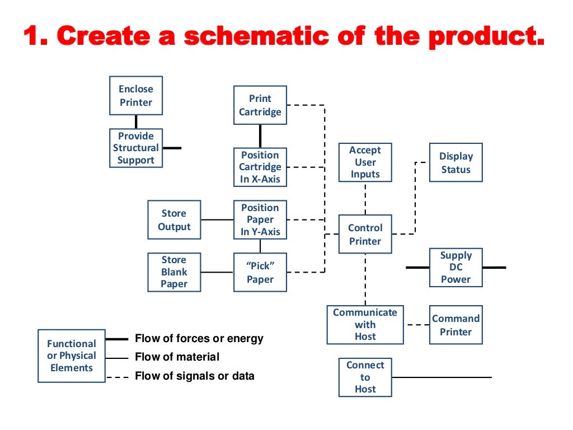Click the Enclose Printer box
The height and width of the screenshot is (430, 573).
tap(136, 96)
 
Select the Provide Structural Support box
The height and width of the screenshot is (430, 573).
tap(136, 148)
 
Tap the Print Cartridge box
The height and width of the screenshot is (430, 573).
tap(260, 105)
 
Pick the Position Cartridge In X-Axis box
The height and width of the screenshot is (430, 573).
tap(260, 167)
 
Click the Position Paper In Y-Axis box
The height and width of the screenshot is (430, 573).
tap(260, 219)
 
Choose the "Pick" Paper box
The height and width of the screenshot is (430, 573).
tap(260, 272)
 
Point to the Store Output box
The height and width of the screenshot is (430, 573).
tap(174, 220)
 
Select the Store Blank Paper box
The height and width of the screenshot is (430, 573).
tap(174, 272)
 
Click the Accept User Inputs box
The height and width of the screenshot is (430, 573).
tap(365, 162)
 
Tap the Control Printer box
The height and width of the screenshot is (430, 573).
tap(365, 235)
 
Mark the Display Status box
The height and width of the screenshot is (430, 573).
tap(455, 163)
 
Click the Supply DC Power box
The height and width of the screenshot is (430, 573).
tap(455, 268)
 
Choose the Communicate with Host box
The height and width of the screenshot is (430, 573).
tap(365, 325)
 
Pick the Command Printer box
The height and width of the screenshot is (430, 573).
tap(455, 325)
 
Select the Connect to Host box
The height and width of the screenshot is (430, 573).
tap(365, 377)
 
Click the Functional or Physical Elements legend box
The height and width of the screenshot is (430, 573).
tap(72, 356)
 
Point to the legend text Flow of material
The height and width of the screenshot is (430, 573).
tap(177, 357)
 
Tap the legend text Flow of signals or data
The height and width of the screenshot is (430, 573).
tap(194, 376)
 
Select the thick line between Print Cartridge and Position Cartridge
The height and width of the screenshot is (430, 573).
tap(260, 136)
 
